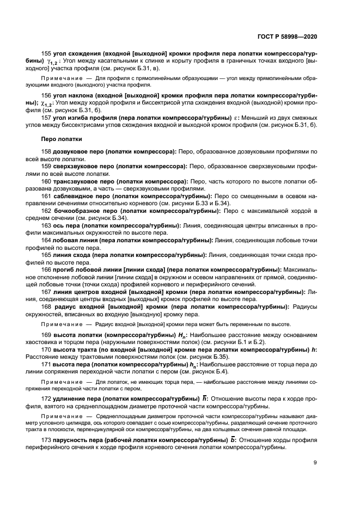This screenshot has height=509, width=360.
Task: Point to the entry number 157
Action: (46, 118)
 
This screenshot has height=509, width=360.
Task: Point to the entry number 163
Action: (46, 224)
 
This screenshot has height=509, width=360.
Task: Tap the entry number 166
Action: (46, 269)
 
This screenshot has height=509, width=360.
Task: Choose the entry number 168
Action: (46, 306)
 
